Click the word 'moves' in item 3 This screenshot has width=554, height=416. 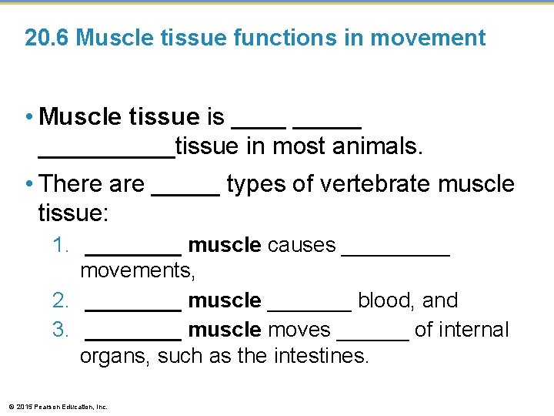299,330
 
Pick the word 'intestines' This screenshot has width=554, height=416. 318,356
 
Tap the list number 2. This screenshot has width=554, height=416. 61,300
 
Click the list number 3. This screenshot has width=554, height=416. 61,330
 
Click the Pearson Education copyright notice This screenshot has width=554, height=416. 58,406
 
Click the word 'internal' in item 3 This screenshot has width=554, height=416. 473,330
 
